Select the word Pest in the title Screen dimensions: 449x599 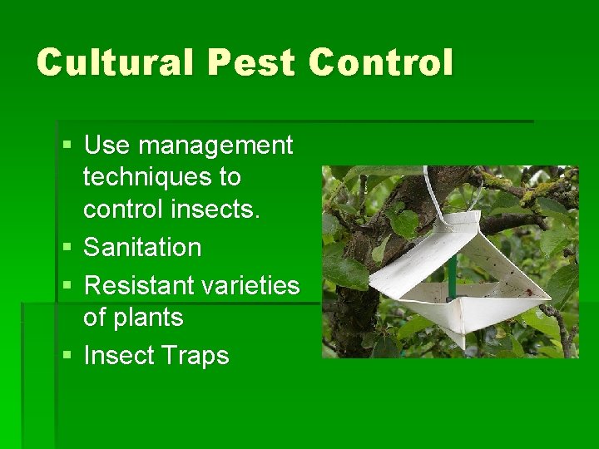[x=255, y=63]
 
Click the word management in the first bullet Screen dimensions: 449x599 [x=215, y=146]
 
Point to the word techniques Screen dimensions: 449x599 [x=161, y=177]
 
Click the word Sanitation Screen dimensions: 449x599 [x=142, y=247]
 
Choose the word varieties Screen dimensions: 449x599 [x=250, y=285]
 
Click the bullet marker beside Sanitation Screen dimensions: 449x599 [x=67, y=249]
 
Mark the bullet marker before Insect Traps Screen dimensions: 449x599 [x=67, y=357]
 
